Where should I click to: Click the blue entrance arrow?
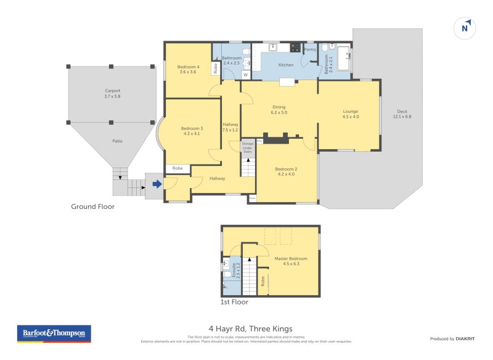tap(157, 183)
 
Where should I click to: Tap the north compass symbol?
tap(465, 28)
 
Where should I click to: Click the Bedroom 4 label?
tap(188, 67)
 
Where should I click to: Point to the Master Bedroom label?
tap(291, 258)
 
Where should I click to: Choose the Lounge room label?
tap(351, 112)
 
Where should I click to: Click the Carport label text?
tap(112, 91)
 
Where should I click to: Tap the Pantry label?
tap(310, 49)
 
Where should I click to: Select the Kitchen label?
tap(286, 65)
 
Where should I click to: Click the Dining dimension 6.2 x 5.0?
tap(279, 113)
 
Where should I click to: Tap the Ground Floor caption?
tap(92, 207)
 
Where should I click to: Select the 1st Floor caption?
tap(234, 303)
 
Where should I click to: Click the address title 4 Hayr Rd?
tap(251, 329)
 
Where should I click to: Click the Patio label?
tap(117, 141)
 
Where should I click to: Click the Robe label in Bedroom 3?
tap(177, 168)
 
